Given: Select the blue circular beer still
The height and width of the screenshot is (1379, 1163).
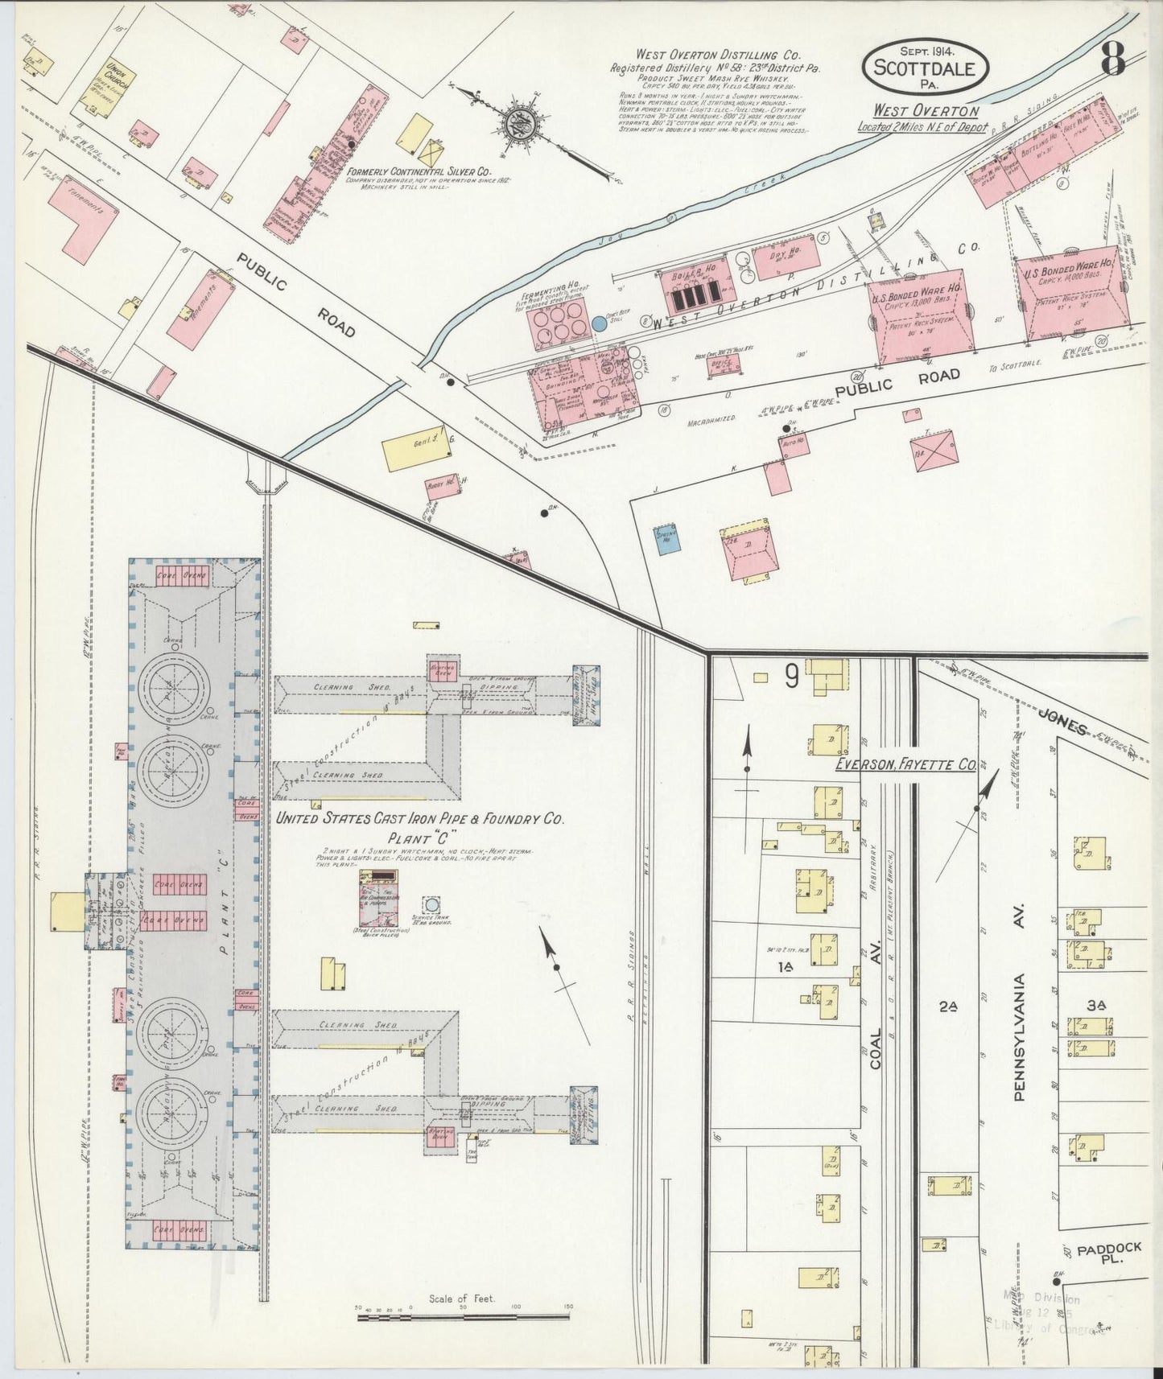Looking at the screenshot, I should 600,323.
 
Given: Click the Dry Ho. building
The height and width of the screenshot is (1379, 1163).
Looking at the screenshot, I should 786,260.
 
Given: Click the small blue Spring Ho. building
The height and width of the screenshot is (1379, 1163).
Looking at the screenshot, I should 666,537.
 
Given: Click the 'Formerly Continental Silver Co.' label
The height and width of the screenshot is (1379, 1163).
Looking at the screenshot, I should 419,171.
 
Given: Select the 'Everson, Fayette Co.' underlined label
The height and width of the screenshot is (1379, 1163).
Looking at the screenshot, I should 905,764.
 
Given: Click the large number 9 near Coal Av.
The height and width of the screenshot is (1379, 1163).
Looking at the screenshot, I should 792,677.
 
